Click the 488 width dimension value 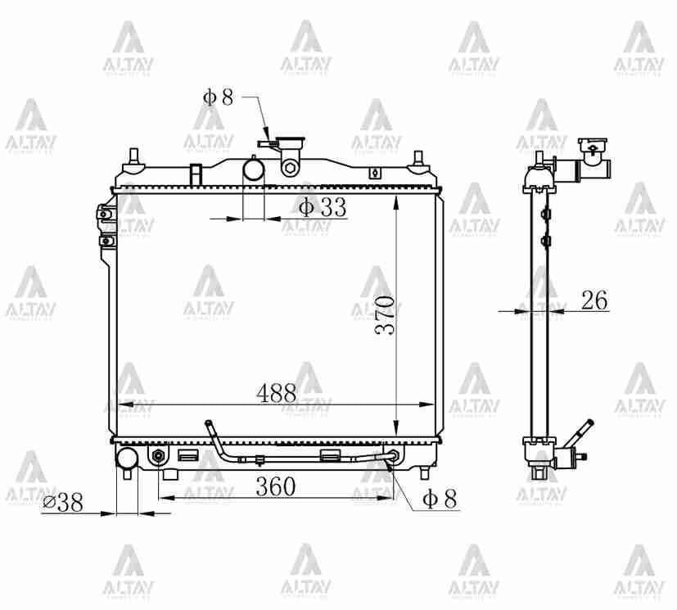[276, 393]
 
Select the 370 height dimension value [386, 314]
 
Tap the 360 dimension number [275, 486]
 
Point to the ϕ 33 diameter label [322, 208]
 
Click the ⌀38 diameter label [63, 503]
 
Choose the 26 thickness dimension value [594, 300]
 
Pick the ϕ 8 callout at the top [218, 97]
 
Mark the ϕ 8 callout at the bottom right [439, 499]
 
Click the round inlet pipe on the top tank [255, 169]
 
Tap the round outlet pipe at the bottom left [127, 459]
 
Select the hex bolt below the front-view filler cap [289, 169]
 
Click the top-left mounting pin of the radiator [133, 157]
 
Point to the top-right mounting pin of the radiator [418, 158]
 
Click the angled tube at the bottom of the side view [582, 433]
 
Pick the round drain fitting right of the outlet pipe [158, 455]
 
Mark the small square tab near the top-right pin [375, 173]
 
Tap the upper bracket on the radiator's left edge [103, 215]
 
